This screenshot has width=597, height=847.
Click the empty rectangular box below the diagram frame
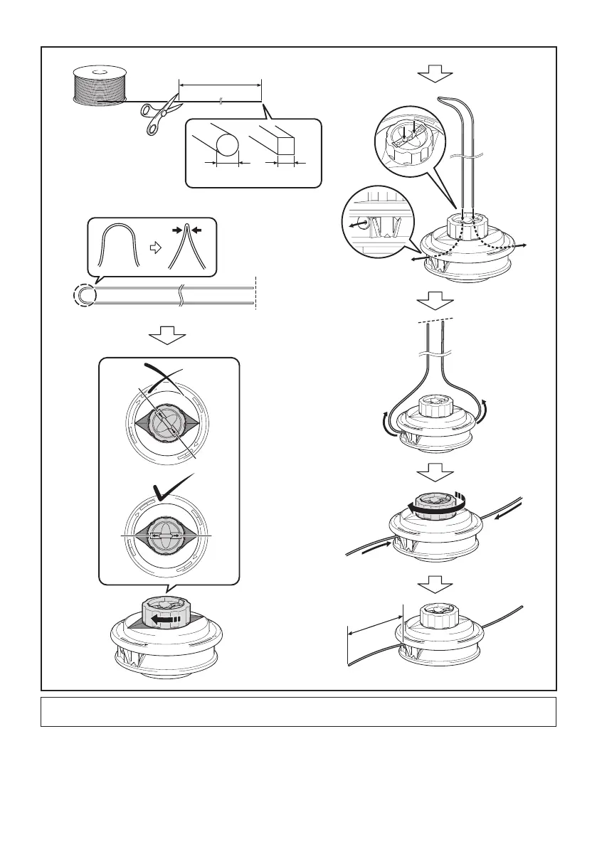coord(298,711)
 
